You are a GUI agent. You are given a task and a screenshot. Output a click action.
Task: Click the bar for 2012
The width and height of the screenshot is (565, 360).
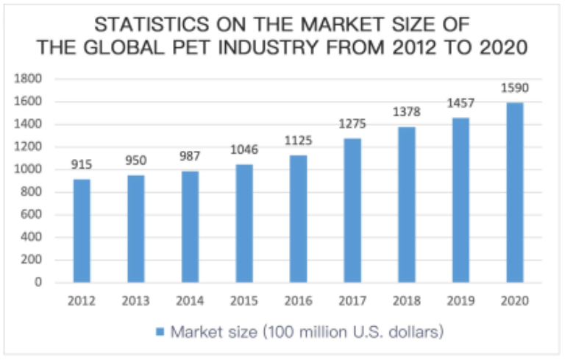[81, 230]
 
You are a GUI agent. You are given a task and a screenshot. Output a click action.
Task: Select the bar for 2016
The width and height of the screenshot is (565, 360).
[298, 219]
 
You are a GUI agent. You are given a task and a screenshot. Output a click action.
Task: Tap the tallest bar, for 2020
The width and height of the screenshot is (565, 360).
[515, 192]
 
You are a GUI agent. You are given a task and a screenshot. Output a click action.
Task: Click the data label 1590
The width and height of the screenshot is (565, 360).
[515, 89]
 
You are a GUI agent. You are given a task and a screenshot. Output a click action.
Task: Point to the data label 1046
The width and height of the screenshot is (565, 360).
[244, 151]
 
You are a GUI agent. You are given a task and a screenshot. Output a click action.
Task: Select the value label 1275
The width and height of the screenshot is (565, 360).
[352, 125]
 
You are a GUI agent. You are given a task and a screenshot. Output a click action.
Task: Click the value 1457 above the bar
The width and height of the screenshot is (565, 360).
[461, 105]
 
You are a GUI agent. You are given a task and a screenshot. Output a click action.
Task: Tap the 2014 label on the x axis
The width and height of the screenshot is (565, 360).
[190, 300]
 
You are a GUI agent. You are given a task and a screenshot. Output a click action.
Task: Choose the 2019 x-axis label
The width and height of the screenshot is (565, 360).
[461, 300]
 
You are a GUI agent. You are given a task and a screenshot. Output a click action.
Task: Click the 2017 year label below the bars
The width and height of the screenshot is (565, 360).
[352, 300]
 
